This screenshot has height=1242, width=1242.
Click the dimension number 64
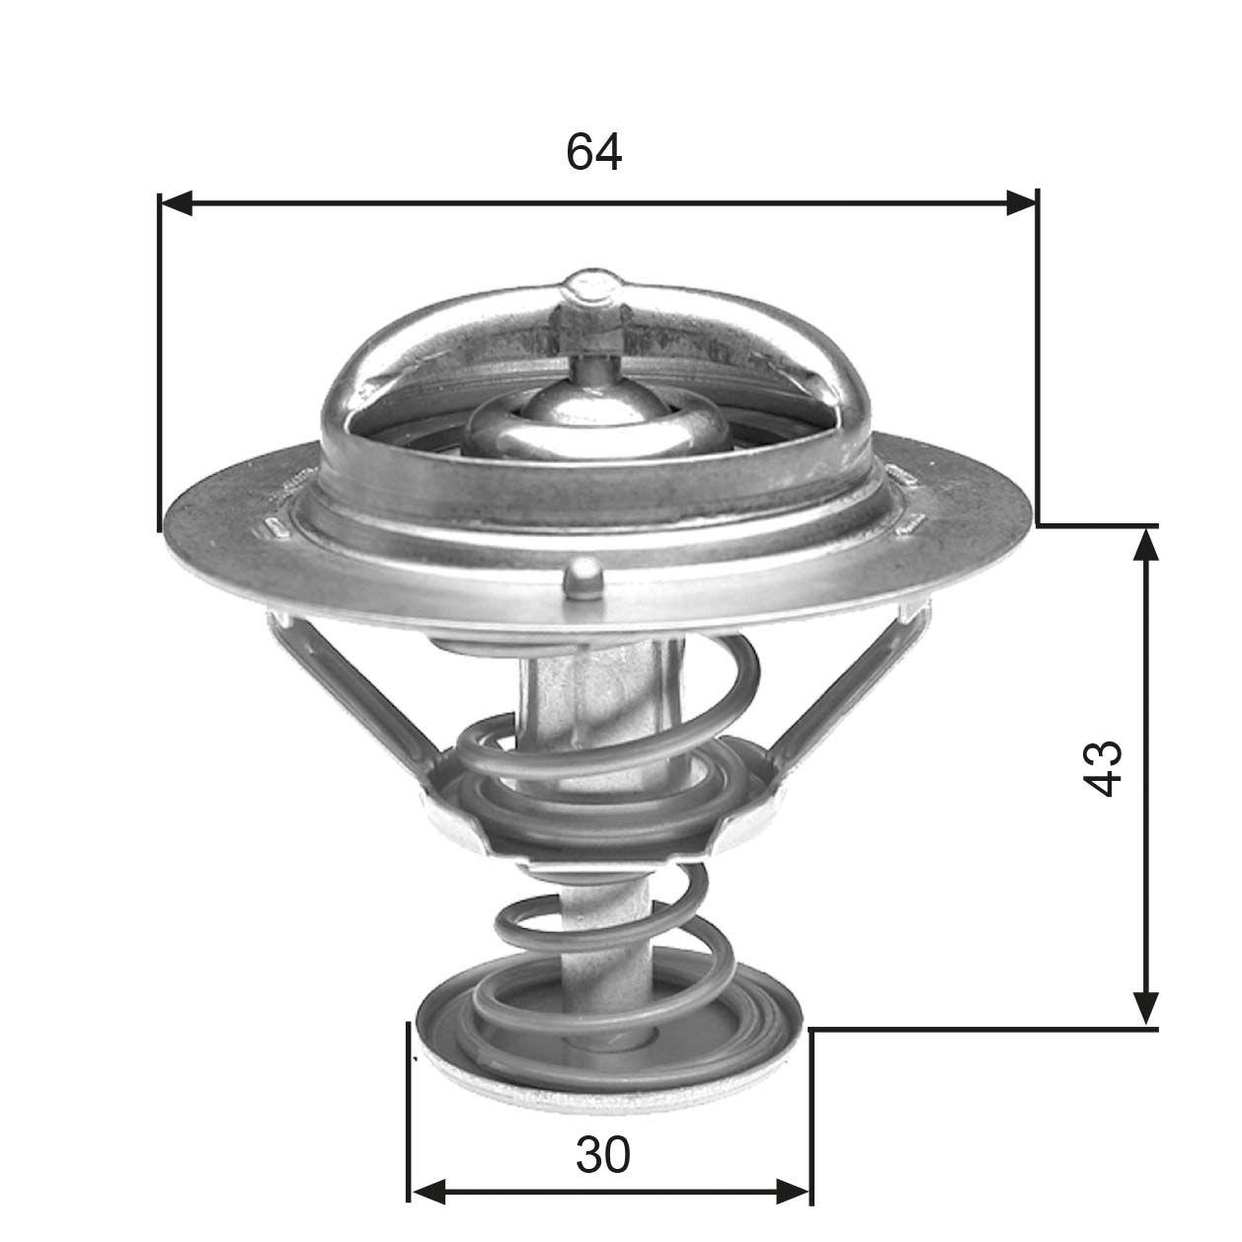click(x=594, y=152)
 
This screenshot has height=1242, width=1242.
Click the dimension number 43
click(x=1102, y=768)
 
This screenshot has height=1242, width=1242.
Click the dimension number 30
click(x=602, y=1154)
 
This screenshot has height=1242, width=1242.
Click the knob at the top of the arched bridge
click(x=592, y=287)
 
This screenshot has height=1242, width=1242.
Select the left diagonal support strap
click(x=350, y=691)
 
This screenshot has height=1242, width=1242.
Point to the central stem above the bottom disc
click(x=604, y=918)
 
